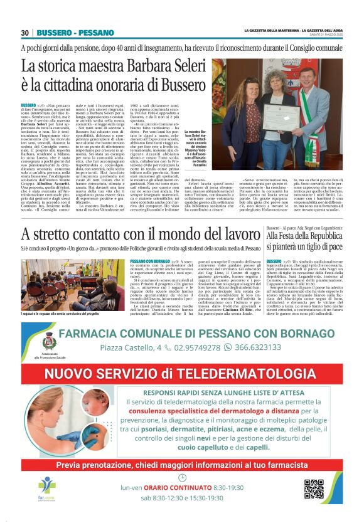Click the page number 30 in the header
coord(25,33)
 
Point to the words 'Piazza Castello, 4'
coord(131,347)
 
